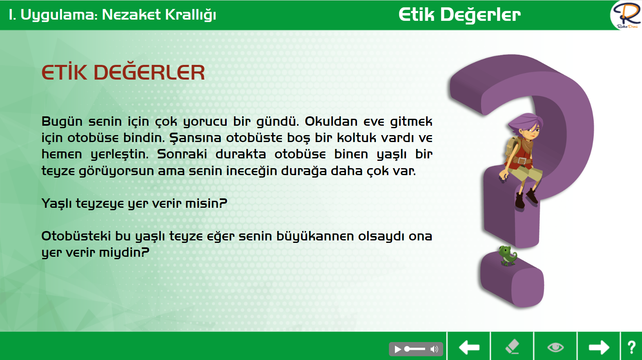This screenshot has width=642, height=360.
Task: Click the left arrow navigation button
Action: (x=469, y=347)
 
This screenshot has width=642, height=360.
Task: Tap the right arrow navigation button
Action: (x=599, y=347)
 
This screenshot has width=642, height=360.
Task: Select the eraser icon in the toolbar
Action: (x=512, y=347)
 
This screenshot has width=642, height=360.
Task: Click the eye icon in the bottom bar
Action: (x=555, y=347)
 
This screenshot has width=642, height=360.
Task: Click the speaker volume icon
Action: (x=434, y=349)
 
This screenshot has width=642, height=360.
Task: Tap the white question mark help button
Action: (x=632, y=347)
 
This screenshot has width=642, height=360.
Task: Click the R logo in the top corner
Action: (x=626, y=15)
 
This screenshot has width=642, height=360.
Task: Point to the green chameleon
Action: (x=508, y=256)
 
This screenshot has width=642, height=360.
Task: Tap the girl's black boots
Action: (x=526, y=199)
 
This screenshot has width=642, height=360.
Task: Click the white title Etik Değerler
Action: (x=459, y=15)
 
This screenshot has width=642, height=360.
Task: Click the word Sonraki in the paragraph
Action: (x=182, y=154)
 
